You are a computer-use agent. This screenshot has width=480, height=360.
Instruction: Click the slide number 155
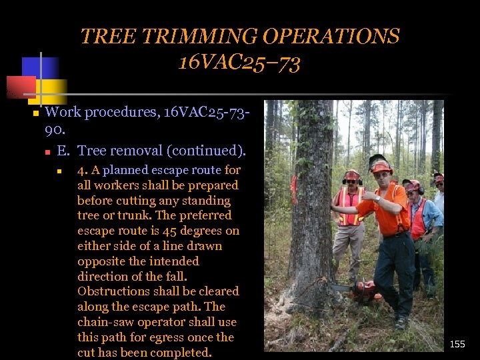pos(457,344)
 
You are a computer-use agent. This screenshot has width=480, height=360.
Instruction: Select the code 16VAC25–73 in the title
pos(239,63)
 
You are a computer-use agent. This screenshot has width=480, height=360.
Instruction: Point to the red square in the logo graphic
pos(20,87)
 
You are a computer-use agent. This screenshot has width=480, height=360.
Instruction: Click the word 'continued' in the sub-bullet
pos(207,151)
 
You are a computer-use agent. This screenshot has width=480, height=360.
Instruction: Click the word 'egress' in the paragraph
pos(157,337)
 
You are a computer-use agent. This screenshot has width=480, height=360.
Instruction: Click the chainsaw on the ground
pos(363,291)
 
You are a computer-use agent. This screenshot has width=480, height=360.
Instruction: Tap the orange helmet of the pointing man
pos(381,166)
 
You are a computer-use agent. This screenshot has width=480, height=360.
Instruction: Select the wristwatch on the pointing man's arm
pos(377,198)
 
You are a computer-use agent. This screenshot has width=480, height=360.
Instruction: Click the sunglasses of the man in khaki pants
pos(351,181)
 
